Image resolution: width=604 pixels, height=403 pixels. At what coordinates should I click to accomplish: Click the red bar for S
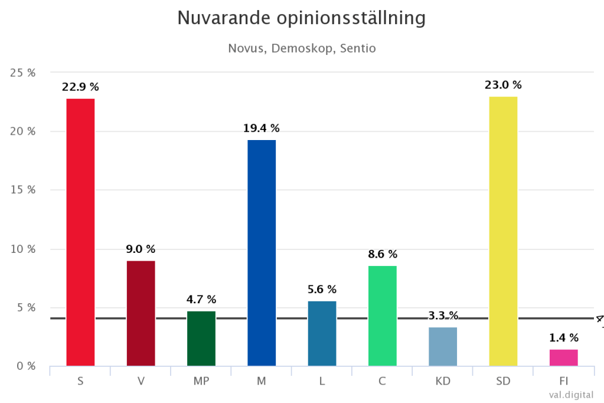pyautogui.click(x=80, y=232)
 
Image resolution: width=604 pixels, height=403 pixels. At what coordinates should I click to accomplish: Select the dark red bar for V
pyautogui.click(x=141, y=313)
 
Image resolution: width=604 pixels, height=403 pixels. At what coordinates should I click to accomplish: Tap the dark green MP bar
pyautogui.click(x=201, y=338)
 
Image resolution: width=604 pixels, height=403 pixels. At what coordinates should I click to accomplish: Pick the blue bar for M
pyautogui.click(x=262, y=253)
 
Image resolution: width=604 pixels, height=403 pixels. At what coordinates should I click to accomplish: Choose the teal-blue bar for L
pyautogui.click(x=322, y=333)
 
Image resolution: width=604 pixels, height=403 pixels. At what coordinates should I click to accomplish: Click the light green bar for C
pyautogui.click(x=382, y=316)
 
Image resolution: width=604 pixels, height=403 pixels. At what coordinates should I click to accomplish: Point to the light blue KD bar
pyautogui.click(x=443, y=346)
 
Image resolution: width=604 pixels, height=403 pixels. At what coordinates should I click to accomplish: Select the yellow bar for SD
pyautogui.click(x=503, y=231)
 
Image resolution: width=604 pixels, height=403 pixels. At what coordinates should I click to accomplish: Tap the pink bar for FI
pyautogui.click(x=563, y=357)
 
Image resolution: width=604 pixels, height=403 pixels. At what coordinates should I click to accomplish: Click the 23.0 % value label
pyautogui.click(x=503, y=85)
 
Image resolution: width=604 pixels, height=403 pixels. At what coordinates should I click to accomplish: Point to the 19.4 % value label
pyautogui.click(x=262, y=128)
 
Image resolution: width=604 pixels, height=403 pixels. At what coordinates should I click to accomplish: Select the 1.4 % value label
pyautogui.click(x=563, y=338)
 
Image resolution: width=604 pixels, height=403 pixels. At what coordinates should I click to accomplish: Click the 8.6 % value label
pyautogui.click(x=382, y=254)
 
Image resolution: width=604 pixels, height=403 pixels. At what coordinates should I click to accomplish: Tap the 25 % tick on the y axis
pyautogui.click(x=23, y=73)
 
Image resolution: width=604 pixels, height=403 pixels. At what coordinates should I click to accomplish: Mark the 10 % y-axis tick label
pyautogui.click(x=23, y=249)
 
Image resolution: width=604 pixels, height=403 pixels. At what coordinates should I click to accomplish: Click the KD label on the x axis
pyautogui.click(x=443, y=381)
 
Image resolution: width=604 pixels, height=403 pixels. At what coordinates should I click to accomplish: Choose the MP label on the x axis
pyautogui.click(x=201, y=381)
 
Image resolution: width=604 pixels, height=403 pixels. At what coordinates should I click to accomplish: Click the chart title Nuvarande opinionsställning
pyautogui.click(x=302, y=18)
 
